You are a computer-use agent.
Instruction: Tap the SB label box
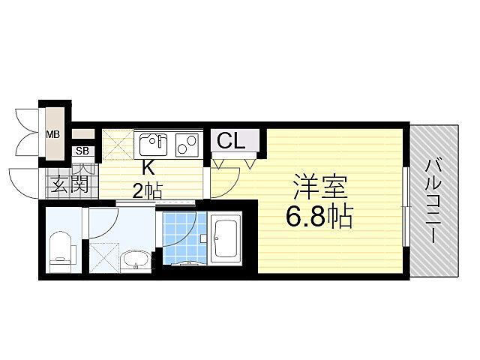(82, 151)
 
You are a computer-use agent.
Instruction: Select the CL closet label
(231, 140)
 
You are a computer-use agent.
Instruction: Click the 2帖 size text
(148, 190)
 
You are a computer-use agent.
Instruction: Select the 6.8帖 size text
(319, 217)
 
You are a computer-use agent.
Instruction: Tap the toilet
(59, 250)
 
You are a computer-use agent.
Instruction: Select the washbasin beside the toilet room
(136, 260)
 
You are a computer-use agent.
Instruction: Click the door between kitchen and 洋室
(223, 180)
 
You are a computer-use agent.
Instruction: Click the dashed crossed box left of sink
(117, 142)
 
